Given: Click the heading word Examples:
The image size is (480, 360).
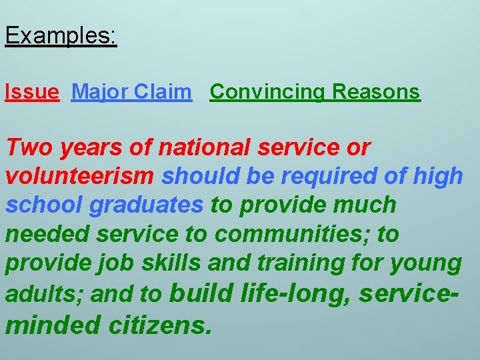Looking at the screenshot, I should point(61,36).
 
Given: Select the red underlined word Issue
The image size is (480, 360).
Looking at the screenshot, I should point(31,92).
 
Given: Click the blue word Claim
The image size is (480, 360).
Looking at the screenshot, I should point(163,92).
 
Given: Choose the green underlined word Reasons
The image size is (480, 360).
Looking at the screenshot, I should point(376,92).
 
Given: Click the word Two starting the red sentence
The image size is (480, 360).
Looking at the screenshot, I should point(30,147).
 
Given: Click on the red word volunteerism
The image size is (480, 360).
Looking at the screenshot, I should point(80,176).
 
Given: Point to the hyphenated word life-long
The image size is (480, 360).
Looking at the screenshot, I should point(293,293).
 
